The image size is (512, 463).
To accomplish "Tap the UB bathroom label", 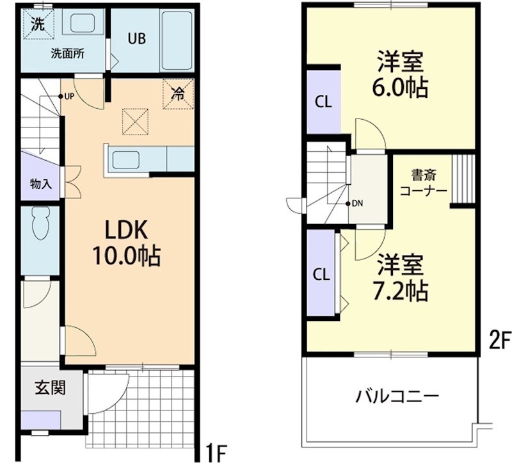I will click(136, 38).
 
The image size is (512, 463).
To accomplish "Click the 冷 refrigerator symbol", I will click(177, 93).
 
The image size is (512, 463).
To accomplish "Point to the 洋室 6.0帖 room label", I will click(401, 76).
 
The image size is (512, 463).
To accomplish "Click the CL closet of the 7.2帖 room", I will click(321, 274).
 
